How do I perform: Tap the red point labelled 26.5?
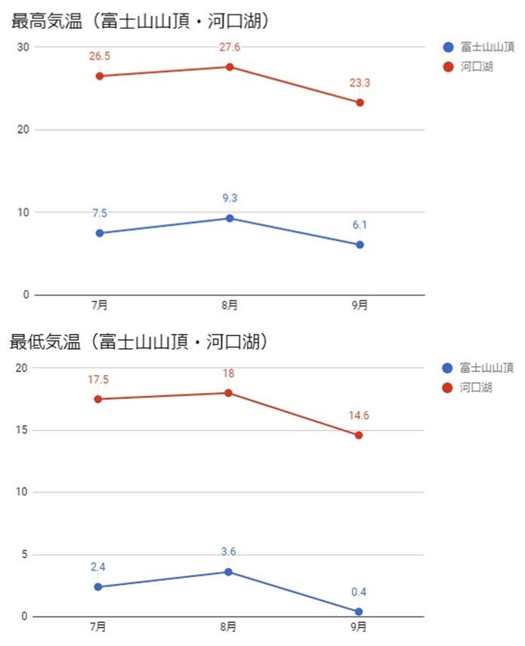point(100,76)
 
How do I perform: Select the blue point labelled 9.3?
point(230,218)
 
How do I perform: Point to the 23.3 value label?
point(360,83)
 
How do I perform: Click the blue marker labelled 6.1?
point(360,245)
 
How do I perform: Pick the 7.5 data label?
point(100,214)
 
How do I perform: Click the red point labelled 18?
point(228,393)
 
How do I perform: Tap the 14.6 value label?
point(359,416)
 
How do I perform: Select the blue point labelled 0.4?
point(359,611)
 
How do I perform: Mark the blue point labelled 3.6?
point(228,572)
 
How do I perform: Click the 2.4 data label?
point(98,567)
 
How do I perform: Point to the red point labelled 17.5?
point(98,399)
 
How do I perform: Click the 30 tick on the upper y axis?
point(23,47)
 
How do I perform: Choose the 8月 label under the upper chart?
point(230,305)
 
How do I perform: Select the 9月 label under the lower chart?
point(359,627)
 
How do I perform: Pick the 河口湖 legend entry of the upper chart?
point(476,66)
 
